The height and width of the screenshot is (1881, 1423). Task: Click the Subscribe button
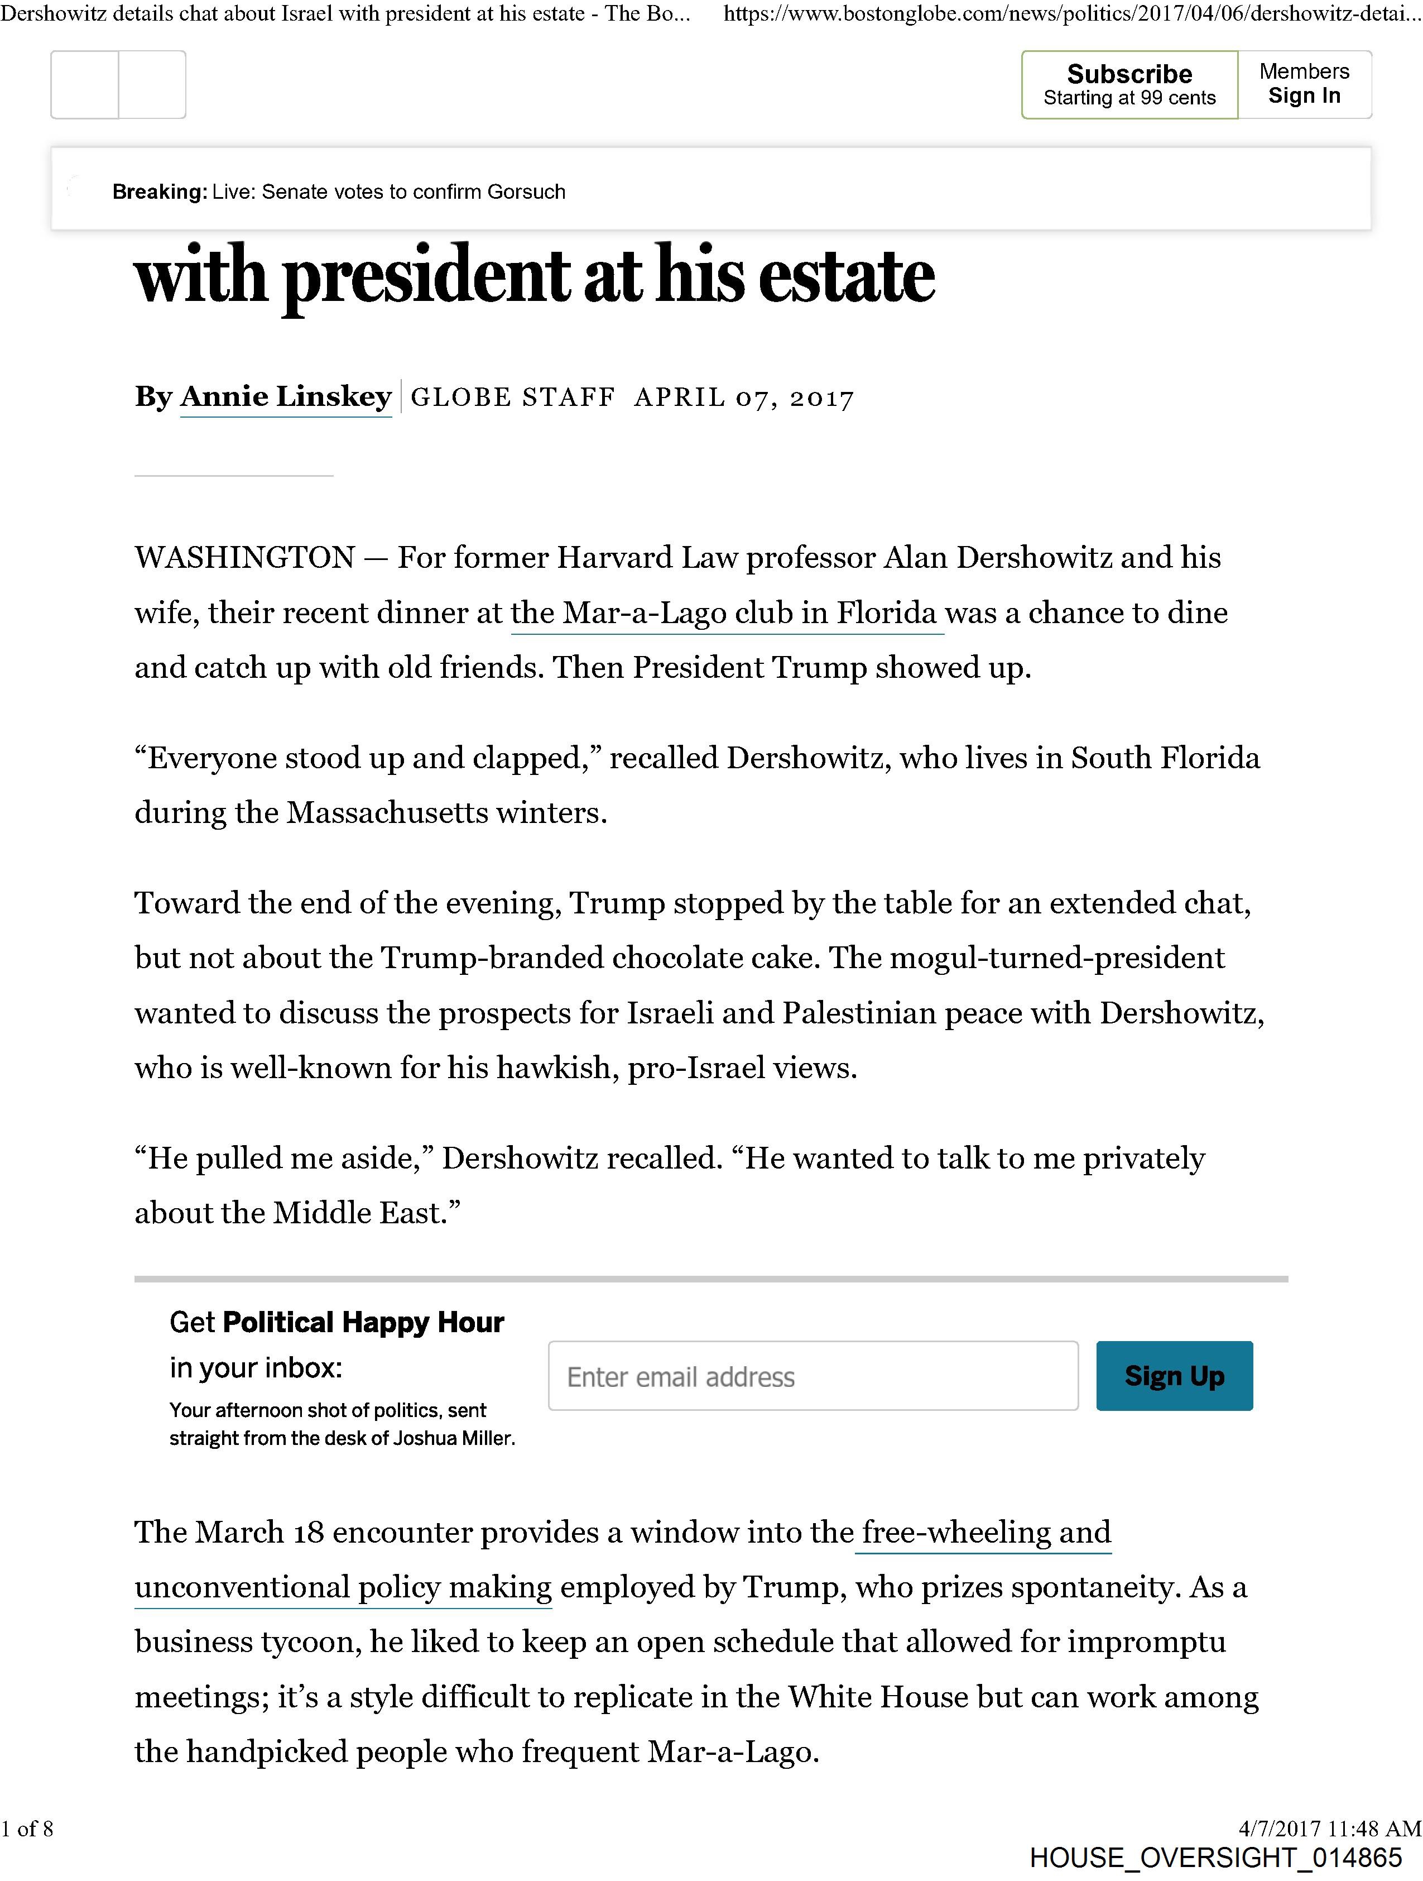(x=1129, y=85)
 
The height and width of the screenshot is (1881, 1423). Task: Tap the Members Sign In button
(x=1304, y=85)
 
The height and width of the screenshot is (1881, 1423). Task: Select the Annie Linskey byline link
(x=286, y=396)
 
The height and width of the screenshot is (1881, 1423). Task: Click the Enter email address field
(x=813, y=1377)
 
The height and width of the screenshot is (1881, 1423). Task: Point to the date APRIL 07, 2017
(x=744, y=398)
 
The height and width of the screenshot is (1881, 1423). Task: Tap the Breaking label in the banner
(x=159, y=192)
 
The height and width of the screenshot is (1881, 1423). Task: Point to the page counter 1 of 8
(x=27, y=1829)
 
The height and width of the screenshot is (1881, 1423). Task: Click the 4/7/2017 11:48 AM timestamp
(x=1329, y=1829)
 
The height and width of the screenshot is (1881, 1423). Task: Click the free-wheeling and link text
(x=983, y=1533)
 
